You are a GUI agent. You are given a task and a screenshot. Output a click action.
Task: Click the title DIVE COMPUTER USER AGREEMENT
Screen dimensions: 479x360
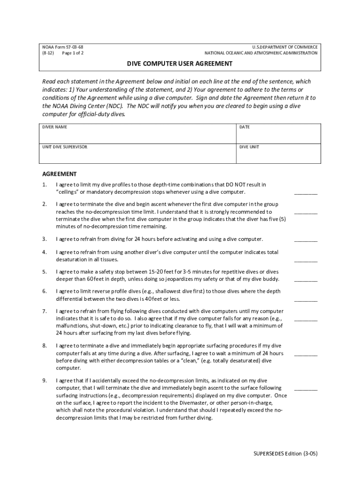click(x=180, y=63)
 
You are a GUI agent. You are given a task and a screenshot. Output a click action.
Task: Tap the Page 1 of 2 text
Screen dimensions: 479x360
click(x=72, y=53)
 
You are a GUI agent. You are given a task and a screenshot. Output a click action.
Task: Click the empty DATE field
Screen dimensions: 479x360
click(x=278, y=136)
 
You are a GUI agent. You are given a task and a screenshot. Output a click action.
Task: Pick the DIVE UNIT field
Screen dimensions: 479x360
click(x=278, y=155)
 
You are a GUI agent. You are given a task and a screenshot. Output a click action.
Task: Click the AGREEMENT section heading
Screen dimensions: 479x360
click(x=59, y=174)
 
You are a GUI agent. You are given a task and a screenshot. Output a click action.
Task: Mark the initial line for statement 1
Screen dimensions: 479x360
click(x=305, y=192)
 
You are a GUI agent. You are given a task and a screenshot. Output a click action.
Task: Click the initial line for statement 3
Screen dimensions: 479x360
click(x=305, y=239)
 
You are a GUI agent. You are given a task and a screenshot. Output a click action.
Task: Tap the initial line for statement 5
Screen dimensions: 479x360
click(x=305, y=280)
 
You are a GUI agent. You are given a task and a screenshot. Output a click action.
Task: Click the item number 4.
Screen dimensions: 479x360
click(x=44, y=252)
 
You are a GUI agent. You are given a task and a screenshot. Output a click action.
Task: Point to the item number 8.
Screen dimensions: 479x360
click(x=44, y=346)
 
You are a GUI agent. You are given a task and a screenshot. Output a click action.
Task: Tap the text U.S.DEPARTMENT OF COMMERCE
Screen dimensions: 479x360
click(x=285, y=47)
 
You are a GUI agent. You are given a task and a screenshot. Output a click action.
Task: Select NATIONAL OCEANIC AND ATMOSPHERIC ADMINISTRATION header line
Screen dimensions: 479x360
click(x=261, y=53)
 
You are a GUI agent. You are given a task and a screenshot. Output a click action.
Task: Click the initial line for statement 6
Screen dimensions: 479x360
click(x=305, y=299)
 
